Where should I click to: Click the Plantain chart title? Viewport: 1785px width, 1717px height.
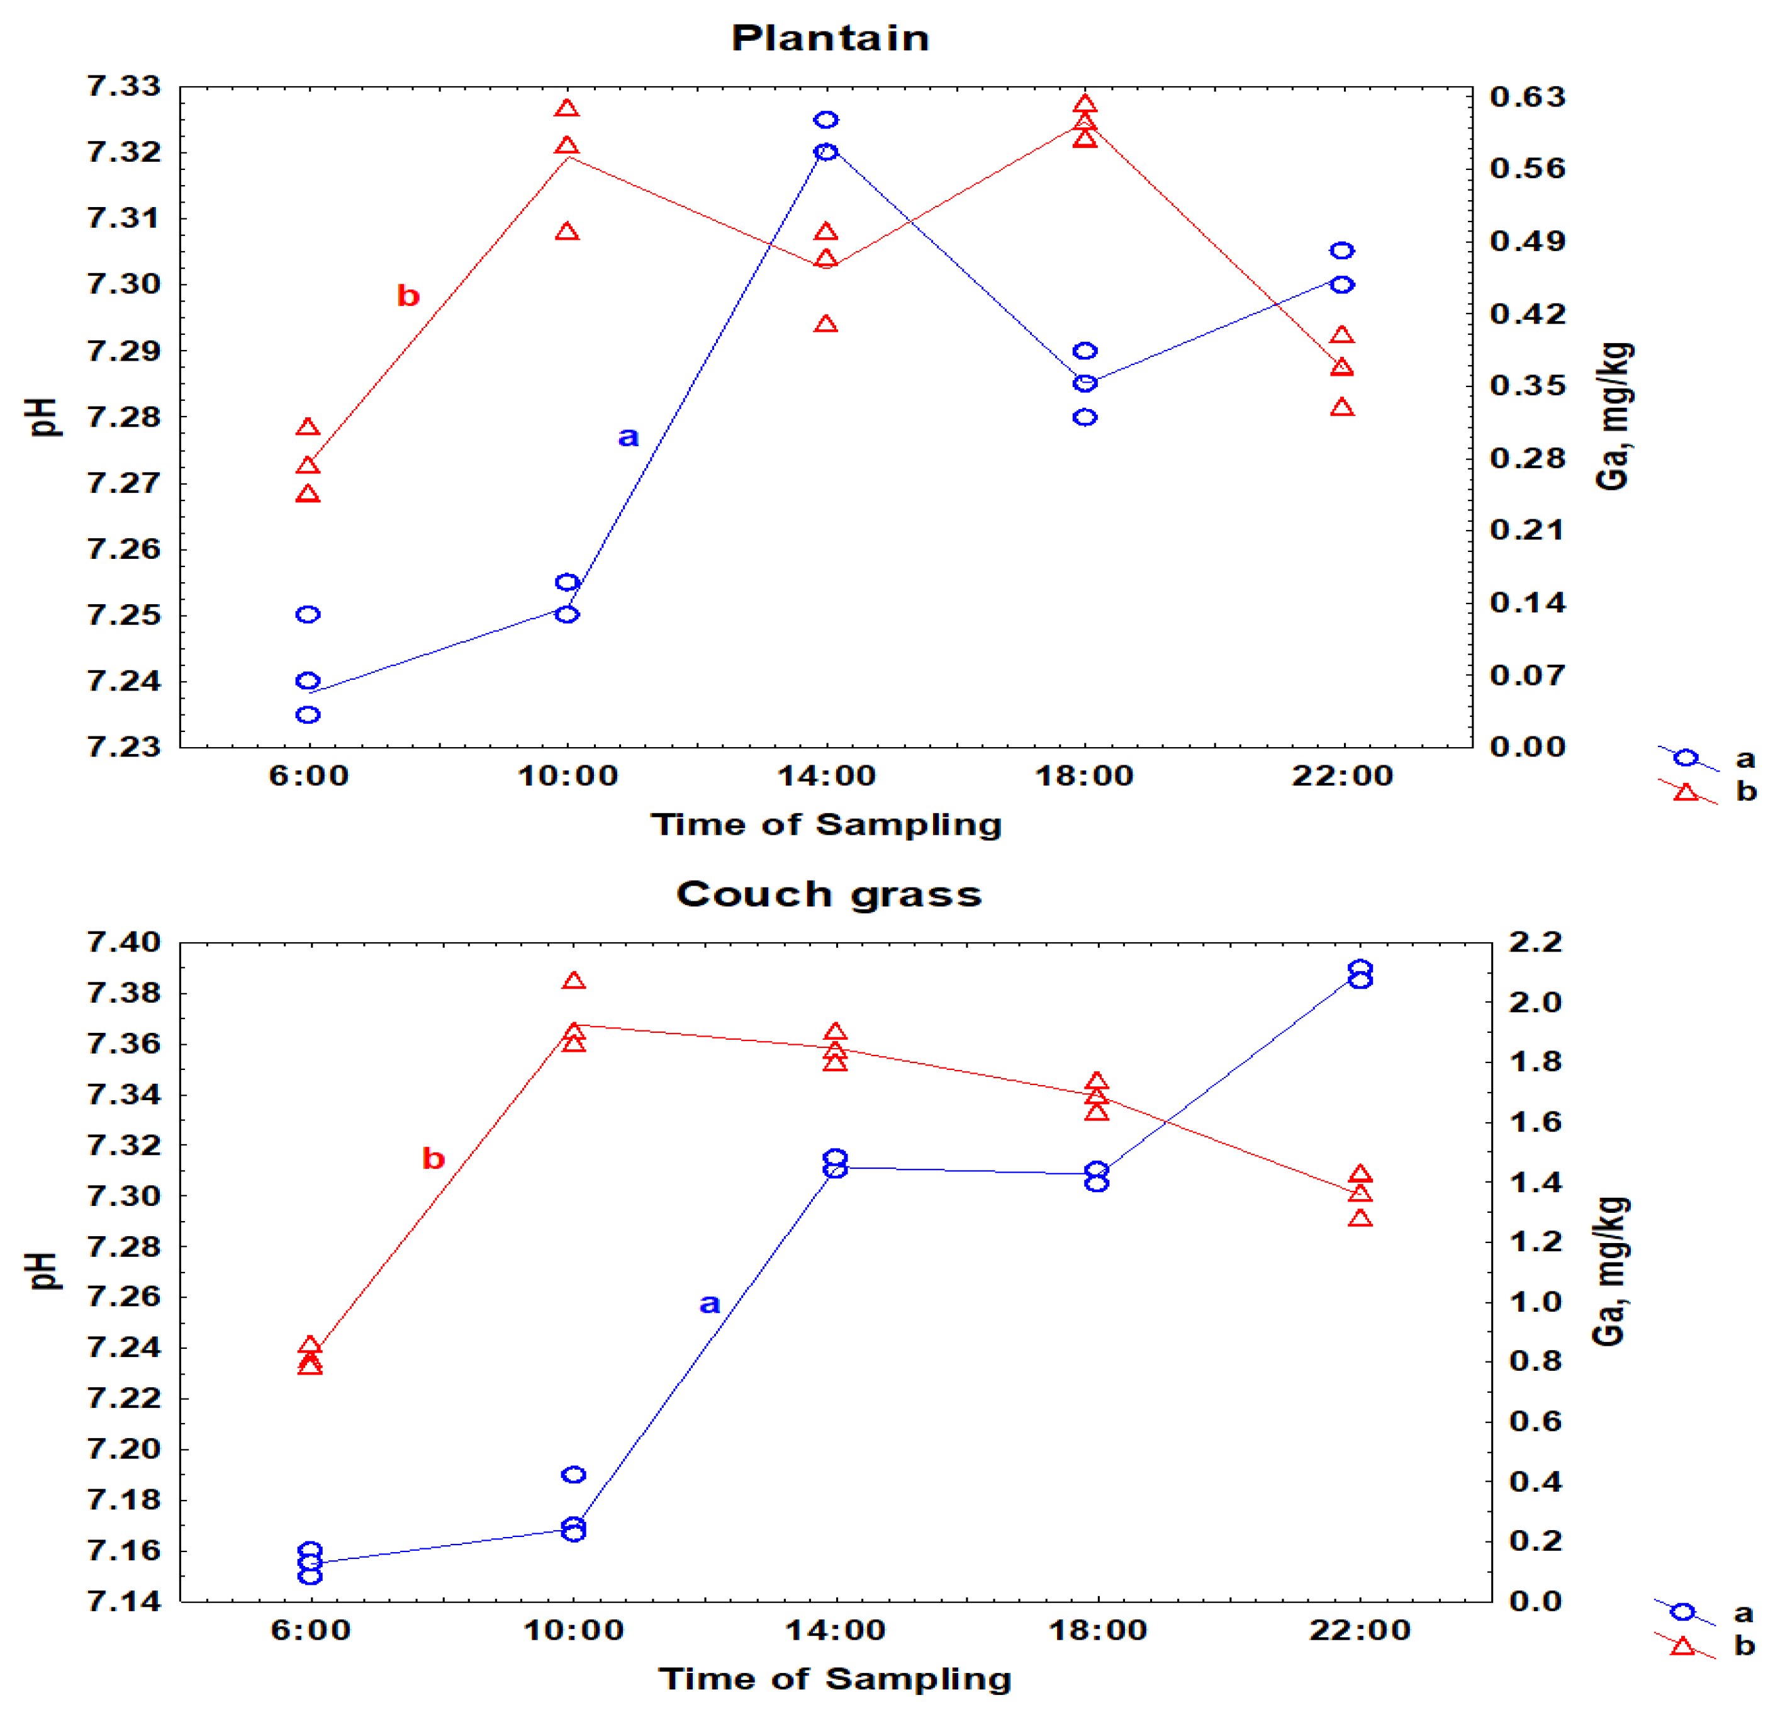(x=830, y=38)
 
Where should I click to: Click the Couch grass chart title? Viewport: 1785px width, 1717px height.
(x=829, y=894)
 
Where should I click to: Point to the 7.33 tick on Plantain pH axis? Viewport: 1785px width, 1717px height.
(x=124, y=86)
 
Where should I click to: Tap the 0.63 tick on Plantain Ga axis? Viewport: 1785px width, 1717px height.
(x=1527, y=96)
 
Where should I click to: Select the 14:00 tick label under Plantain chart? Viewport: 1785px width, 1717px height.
(x=826, y=775)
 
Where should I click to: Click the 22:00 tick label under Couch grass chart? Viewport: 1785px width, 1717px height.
(x=1360, y=1630)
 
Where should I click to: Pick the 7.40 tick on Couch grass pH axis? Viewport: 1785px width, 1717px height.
(x=124, y=942)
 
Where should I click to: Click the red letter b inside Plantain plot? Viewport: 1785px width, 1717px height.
(x=408, y=296)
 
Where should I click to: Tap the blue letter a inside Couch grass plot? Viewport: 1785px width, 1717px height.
(x=710, y=1303)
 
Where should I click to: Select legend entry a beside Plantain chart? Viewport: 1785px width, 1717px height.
(x=1745, y=758)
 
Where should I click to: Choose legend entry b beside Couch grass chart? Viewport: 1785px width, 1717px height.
(x=1743, y=1646)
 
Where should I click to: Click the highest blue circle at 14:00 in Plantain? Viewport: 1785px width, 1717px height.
(x=826, y=120)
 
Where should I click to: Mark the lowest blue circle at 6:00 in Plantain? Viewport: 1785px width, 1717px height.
(x=308, y=715)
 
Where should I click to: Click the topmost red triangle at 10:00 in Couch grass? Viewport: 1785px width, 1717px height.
(x=574, y=981)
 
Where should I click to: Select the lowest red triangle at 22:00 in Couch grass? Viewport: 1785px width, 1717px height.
(x=1360, y=1219)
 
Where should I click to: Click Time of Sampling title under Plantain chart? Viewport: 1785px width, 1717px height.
(x=826, y=825)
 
